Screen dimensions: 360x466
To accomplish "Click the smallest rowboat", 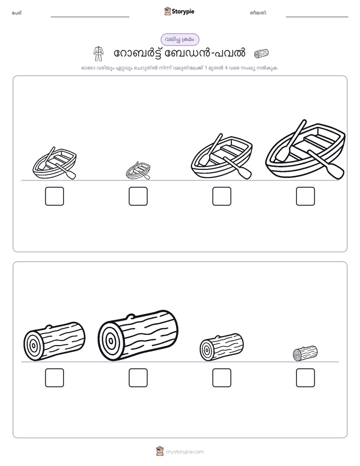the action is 138,170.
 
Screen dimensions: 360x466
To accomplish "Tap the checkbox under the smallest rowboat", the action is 138,196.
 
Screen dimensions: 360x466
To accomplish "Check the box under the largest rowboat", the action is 306,196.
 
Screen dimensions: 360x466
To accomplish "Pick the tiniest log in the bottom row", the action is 306,354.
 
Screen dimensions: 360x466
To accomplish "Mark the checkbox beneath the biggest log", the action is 138,378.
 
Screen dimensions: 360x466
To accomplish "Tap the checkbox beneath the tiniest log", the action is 306,378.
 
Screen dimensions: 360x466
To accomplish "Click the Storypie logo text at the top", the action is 183,12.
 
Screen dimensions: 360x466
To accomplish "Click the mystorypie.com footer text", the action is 185,452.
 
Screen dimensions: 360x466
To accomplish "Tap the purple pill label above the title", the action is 179,39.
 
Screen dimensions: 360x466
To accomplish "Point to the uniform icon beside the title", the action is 98,54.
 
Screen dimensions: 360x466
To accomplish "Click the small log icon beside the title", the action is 261,53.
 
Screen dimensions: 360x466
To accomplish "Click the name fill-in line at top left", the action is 90,17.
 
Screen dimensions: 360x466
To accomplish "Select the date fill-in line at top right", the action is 317,17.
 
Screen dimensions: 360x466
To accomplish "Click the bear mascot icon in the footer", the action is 160,451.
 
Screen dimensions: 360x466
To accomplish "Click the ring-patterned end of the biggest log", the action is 110,341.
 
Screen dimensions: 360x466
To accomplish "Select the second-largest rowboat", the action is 222,156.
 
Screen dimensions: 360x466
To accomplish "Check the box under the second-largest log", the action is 54,378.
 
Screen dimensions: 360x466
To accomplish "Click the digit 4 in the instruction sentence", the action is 226,68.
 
